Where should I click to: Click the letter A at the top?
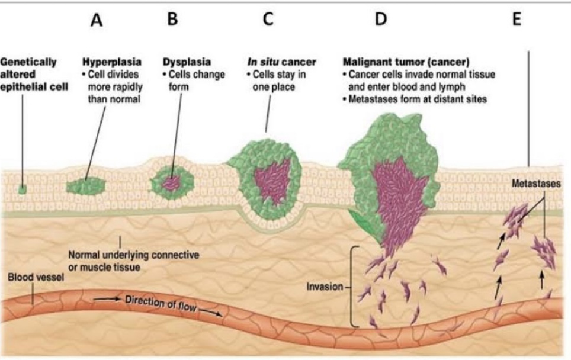(96, 20)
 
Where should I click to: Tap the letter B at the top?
(172, 19)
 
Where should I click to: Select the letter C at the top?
(268, 19)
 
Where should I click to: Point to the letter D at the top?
(379, 19)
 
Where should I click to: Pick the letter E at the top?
(517, 19)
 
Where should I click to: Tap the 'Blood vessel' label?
(35, 277)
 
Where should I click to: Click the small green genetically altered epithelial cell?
(22, 189)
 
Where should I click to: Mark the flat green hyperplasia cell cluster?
(85, 185)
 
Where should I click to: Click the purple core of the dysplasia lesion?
(172, 182)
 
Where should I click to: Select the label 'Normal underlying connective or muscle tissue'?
(133, 260)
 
